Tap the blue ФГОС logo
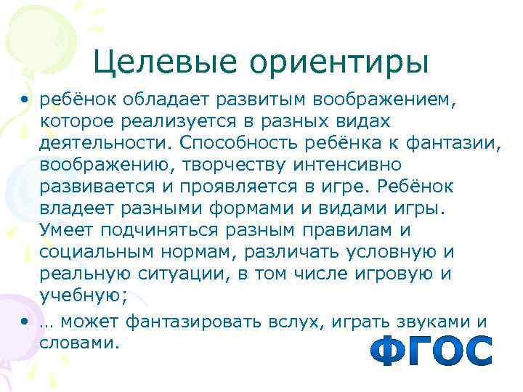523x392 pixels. (x=431, y=351)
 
